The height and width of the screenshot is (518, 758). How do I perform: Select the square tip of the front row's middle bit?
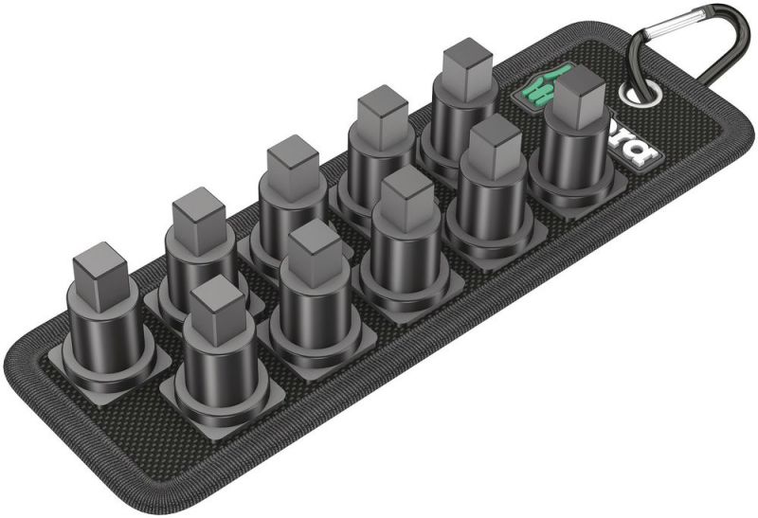(x=406, y=195)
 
